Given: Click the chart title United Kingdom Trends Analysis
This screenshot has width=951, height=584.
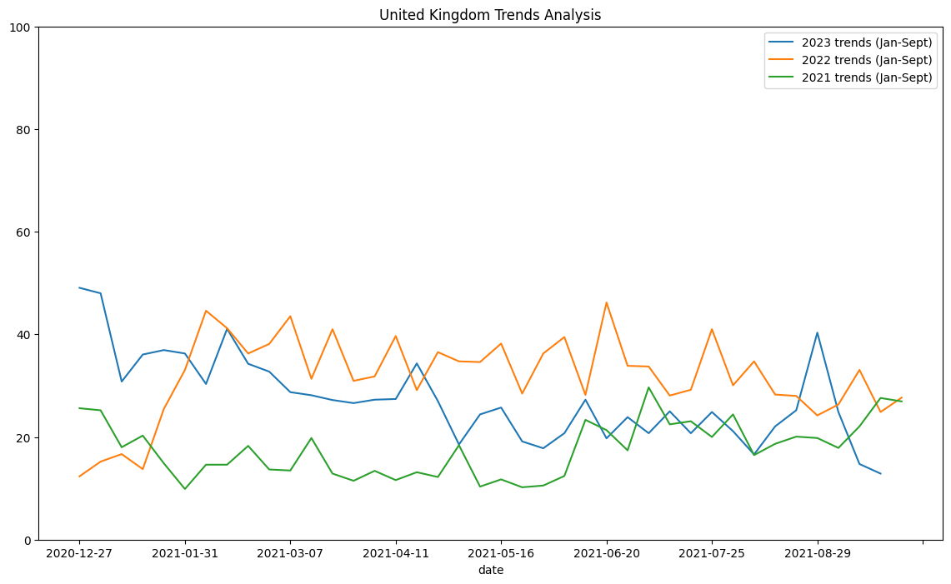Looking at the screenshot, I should pos(490,15).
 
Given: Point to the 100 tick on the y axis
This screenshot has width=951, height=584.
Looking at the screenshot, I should pos(22,27).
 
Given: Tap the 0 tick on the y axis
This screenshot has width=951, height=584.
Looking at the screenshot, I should pos(27,540).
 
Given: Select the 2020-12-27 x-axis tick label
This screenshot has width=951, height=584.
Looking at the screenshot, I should pos(79,553).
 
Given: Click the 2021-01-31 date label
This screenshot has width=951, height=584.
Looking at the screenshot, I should pos(185,553).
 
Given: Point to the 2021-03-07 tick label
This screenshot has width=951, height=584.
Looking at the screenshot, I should pos(290,553).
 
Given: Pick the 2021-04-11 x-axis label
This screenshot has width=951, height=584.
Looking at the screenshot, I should pos(396,553).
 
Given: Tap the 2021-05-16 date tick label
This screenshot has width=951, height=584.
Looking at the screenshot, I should pos(501,553).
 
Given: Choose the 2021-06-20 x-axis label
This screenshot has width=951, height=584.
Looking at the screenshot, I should pos(606,553).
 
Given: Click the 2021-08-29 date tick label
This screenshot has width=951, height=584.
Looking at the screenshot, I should pos(817,553).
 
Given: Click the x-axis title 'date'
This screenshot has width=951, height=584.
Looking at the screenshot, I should pos(490,570).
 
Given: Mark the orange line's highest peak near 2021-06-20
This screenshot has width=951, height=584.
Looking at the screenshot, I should pos(606,302).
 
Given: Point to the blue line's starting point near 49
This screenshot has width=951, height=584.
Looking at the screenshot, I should pos(79,288).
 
